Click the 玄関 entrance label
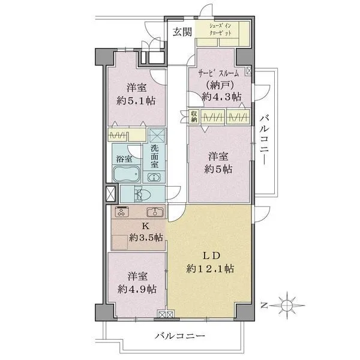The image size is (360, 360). tap(183, 32)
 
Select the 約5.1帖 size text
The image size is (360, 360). tap(136, 100)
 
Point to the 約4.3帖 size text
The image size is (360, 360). tap(223, 96)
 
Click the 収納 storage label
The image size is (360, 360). tap(194, 117)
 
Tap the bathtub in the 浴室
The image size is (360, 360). tap(127, 175)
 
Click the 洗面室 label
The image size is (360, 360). tap(154, 156)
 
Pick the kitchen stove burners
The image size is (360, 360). tap(122, 212)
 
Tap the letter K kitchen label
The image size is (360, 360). tap(145, 226)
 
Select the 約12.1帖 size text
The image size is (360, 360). tap(209, 269)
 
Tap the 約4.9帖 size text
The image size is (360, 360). tap(137, 289)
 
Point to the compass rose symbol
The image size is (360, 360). tap(289, 305)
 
